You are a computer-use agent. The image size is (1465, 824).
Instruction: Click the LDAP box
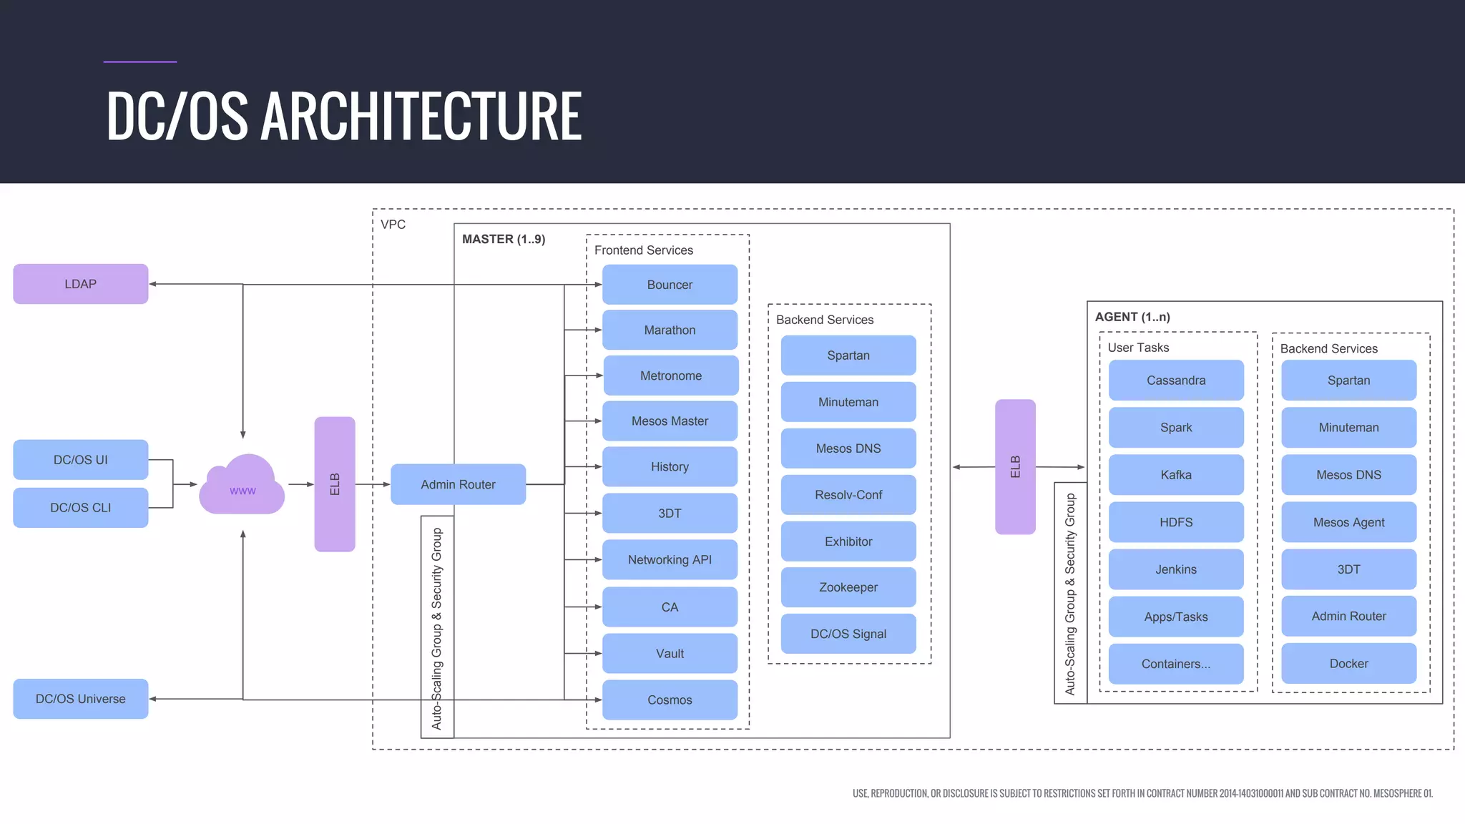tap(80, 284)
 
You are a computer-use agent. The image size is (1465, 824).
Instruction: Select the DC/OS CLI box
tap(80, 508)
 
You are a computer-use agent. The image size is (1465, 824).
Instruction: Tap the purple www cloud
tap(242, 486)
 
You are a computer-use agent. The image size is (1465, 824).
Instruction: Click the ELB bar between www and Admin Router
tap(335, 484)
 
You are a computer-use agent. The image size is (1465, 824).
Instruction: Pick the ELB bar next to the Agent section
tap(1015, 467)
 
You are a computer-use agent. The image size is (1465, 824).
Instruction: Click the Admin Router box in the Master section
tap(458, 484)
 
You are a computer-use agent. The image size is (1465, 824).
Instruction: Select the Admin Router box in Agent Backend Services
tap(1348, 616)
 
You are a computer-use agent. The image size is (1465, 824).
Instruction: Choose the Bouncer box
tap(670, 285)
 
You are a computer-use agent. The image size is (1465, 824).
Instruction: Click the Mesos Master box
tap(670, 421)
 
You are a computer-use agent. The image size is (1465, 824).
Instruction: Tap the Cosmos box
tap(670, 700)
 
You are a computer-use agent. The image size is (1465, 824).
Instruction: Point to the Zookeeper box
tap(848, 587)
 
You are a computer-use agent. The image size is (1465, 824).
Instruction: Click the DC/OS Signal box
tap(848, 634)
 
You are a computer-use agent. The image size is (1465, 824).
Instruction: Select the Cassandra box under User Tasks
tap(1176, 381)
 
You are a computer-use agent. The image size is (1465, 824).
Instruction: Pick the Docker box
tap(1348, 664)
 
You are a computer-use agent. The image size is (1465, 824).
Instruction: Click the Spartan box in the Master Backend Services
tap(848, 355)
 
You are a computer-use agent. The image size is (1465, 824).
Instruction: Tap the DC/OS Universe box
tap(80, 699)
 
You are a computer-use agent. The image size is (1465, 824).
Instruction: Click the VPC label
tap(393, 225)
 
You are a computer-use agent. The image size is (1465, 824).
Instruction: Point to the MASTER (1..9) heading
tap(504, 239)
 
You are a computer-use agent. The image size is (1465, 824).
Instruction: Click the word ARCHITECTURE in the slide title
tap(421, 116)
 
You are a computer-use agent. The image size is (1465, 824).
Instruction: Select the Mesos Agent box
tap(1348, 522)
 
